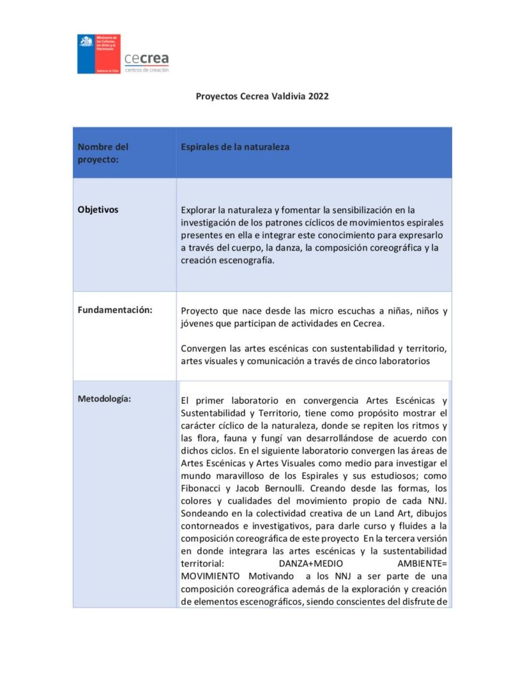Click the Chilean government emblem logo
(x=99, y=54)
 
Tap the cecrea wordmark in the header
(x=147, y=59)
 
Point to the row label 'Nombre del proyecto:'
(x=103, y=153)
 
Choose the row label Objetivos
(x=98, y=210)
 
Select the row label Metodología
(x=104, y=399)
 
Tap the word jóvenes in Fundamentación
(x=196, y=324)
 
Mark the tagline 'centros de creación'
(x=147, y=70)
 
